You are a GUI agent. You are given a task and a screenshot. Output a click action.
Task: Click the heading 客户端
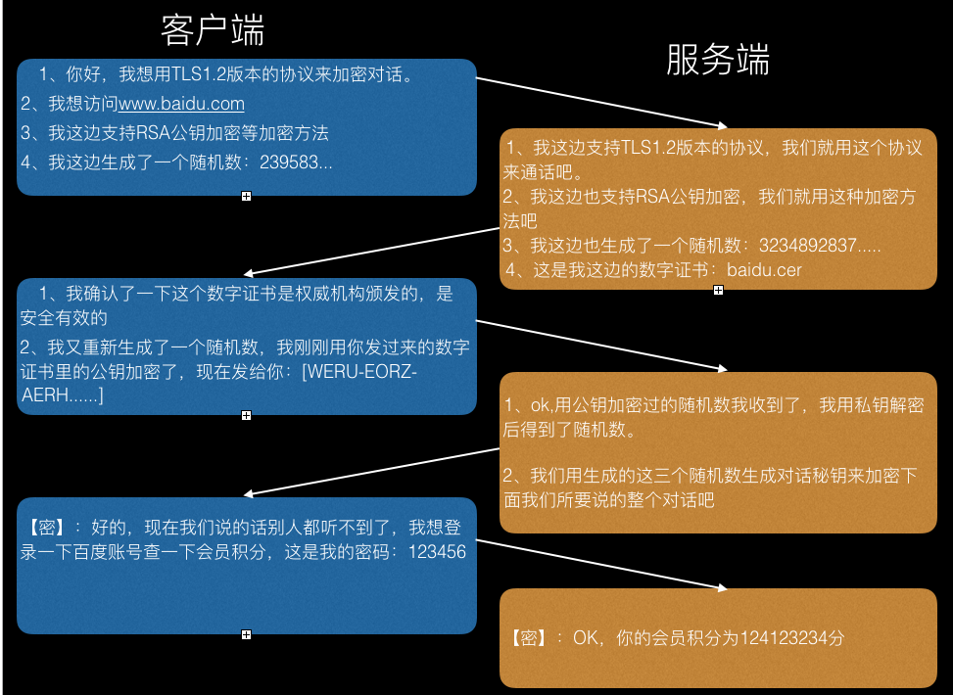[x=213, y=30]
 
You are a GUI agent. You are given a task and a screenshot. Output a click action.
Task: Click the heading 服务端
[x=718, y=60]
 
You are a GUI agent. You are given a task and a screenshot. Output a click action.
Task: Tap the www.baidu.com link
[x=181, y=104]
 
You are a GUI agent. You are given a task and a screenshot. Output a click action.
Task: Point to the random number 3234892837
[x=808, y=246]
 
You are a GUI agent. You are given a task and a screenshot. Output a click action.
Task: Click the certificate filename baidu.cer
[x=764, y=270]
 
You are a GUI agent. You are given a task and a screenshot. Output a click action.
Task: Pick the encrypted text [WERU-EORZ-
[x=359, y=371]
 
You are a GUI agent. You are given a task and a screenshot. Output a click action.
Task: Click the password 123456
[x=437, y=552]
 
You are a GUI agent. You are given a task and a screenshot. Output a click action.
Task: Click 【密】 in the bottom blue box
[x=47, y=528]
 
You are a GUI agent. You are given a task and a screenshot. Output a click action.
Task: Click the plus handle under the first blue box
[x=246, y=196]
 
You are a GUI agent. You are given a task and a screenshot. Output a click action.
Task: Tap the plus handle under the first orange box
[x=718, y=291]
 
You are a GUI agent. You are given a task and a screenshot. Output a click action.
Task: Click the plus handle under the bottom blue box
[x=246, y=635]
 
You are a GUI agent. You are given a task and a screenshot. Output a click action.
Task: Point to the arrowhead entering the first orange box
[x=723, y=126]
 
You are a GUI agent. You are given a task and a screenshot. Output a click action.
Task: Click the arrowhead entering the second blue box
[x=249, y=274]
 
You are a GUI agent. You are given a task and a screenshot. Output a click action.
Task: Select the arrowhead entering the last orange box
[x=723, y=588]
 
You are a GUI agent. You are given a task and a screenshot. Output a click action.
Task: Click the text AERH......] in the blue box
[x=62, y=395]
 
